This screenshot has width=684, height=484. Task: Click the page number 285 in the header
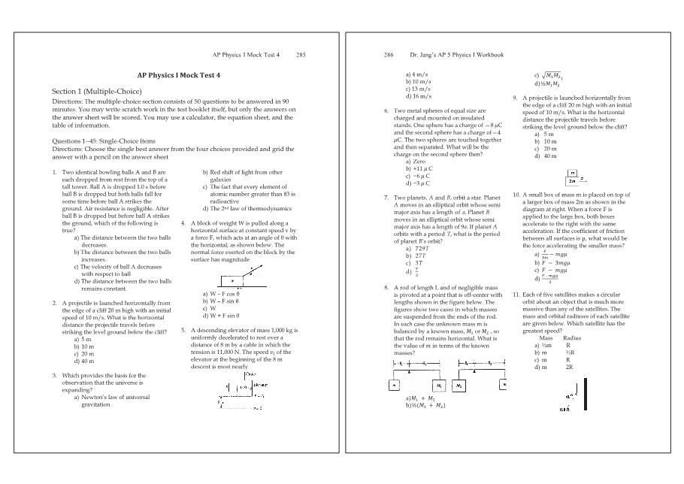(x=301, y=55)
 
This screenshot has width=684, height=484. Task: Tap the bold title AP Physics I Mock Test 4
(x=179, y=75)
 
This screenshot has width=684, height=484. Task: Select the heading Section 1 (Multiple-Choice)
(x=97, y=91)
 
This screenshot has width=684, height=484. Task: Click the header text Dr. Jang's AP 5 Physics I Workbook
(x=456, y=55)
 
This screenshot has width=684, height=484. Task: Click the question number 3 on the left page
(x=54, y=374)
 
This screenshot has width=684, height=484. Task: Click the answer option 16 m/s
(x=418, y=96)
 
